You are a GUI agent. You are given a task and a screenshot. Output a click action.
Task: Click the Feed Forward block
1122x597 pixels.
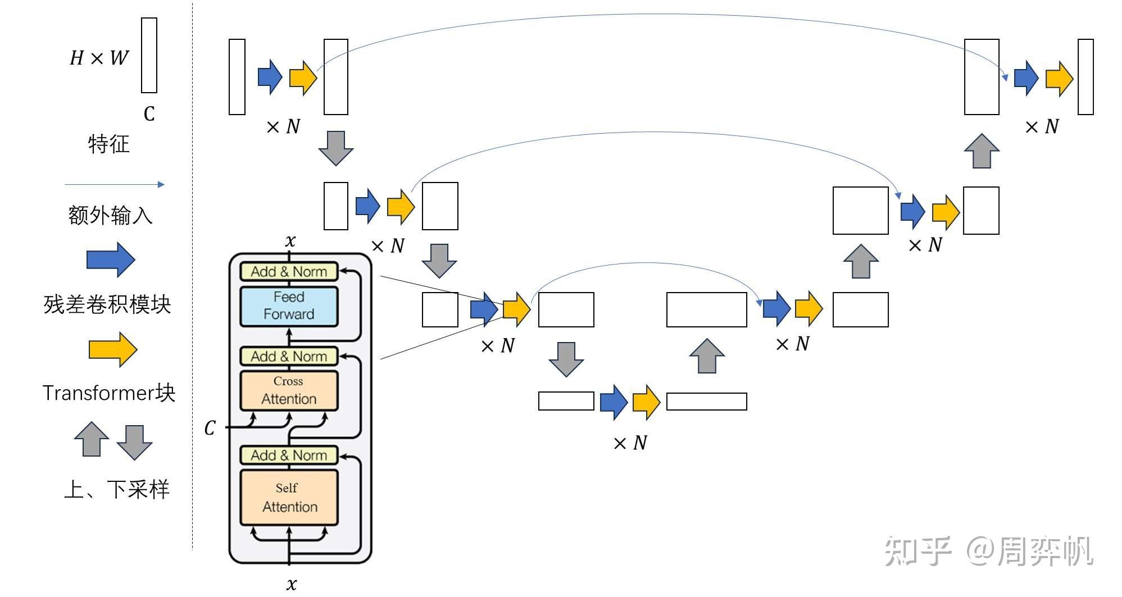coord(289,306)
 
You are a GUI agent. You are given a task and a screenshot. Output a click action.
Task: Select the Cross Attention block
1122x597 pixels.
coord(289,390)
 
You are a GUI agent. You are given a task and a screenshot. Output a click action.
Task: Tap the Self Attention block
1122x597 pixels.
coord(289,498)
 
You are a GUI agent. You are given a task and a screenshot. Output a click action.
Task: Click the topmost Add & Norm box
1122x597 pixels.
coord(289,272)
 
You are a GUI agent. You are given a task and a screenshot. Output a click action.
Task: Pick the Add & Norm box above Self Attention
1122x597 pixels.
coord(289,455)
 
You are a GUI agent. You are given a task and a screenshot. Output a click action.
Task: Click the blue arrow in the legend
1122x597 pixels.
coord(111,260)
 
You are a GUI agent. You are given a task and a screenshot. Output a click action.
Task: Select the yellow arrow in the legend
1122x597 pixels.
coord(112,349)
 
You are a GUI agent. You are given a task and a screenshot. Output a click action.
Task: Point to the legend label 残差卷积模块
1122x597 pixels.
coord(107,304)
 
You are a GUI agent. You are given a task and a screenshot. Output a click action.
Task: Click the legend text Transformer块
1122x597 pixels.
coord(109,393)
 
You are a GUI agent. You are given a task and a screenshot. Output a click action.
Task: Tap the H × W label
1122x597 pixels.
coord(99,58)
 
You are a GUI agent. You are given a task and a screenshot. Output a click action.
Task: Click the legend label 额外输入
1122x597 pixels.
coord(110,215)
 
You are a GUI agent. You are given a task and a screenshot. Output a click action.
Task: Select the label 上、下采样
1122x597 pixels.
coord(116,489)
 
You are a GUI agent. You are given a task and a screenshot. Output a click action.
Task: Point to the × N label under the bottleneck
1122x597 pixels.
coord(630,443)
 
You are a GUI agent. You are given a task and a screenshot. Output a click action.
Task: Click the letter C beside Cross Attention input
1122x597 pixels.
coord(210,428)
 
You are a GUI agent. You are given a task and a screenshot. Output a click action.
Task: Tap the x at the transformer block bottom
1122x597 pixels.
coord(291,584)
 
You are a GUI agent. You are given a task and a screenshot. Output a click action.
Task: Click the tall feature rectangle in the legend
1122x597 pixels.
coord(149,55)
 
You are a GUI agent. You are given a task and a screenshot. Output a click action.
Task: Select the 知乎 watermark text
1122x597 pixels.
coord(917,551)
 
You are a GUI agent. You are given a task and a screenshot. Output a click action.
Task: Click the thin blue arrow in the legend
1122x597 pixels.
coord(115,184)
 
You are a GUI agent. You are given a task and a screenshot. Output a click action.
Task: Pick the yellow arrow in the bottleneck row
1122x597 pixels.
coord(646,402)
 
